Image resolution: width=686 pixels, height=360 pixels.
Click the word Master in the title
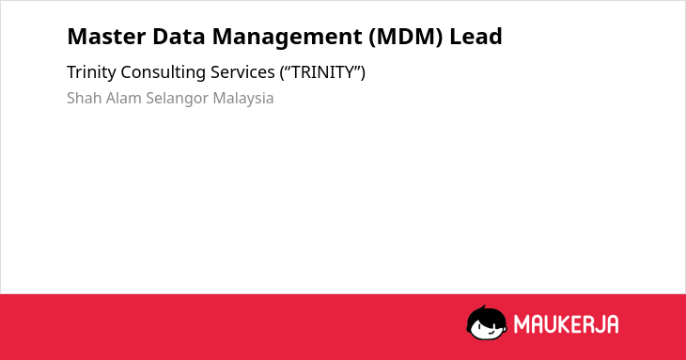pos(106,37)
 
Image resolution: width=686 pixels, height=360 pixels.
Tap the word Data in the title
pos(179,37)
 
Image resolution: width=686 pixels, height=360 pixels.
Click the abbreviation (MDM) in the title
pos(406,37)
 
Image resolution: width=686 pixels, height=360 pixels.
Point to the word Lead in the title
pos(476,37)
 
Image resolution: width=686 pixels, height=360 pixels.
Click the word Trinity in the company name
pos(91,72)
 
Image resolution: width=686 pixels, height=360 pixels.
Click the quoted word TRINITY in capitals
pos(322,72)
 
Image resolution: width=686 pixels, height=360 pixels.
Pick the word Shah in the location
pos(84,98)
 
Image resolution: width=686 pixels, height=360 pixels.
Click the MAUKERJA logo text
pos(566,324)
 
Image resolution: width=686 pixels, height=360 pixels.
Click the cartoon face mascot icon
pos(487,322)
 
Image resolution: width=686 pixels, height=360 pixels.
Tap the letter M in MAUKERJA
pos(522,324)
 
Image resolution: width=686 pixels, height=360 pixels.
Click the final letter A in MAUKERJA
pos(613,324)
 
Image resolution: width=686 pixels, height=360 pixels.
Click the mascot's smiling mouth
pos(490,334)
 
